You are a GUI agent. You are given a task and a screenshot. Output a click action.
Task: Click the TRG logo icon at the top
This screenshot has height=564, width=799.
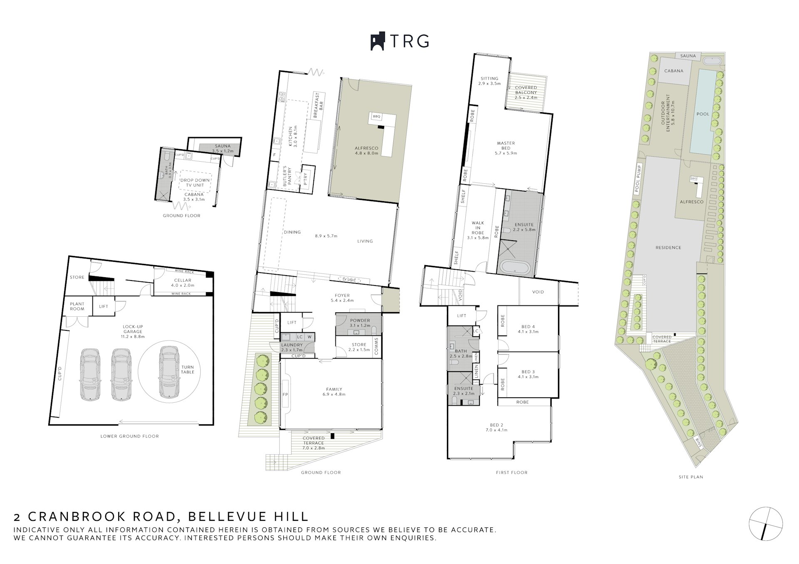click(x=377, y=42)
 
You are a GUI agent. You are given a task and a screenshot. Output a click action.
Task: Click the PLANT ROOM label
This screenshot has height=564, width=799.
click(x=77, y=306)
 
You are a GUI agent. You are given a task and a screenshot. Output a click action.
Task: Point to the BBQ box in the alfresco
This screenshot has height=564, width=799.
click(x=377, y=117)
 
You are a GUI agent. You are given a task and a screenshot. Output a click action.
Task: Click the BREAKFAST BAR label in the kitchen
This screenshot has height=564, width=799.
click(x=319, y=106)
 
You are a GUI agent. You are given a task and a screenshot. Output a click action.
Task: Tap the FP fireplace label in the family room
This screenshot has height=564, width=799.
click(x=285, y=394)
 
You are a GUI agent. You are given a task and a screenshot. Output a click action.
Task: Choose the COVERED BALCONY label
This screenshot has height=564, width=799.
click(x=526, y=90)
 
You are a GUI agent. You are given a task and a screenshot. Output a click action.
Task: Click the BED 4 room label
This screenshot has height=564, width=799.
click(x=528, y=326)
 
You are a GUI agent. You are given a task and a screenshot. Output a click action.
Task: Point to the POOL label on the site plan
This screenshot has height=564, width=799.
click(x=702, y=114)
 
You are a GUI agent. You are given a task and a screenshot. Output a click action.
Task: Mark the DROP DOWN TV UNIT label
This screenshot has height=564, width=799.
click(x=195, y=182)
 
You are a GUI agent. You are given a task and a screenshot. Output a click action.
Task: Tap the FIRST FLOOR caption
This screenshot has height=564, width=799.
click(x=511, y=472)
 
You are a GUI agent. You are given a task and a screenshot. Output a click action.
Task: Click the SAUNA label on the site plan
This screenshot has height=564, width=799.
click(x=688, y=56)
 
